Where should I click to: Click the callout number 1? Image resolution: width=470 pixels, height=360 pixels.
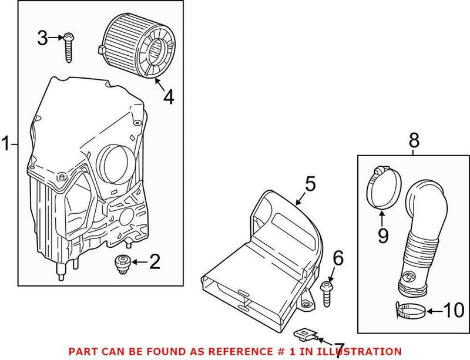[x=6, y=143]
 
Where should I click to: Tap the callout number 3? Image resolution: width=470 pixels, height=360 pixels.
[x=42, y=39]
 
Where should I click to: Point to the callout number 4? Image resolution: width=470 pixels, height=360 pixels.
[x=169, y=97]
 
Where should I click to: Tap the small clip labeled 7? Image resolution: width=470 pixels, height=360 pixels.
[x=307, y=335]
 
